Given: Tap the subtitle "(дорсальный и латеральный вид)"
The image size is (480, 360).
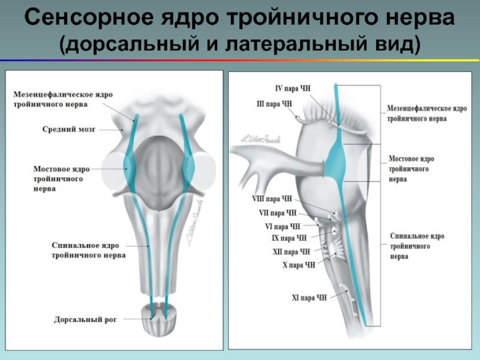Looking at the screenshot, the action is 240,45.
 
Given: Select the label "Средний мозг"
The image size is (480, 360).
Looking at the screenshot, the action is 69,128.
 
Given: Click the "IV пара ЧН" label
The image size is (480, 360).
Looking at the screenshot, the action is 293,88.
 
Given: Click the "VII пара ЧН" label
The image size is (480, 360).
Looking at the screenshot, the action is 277,212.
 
